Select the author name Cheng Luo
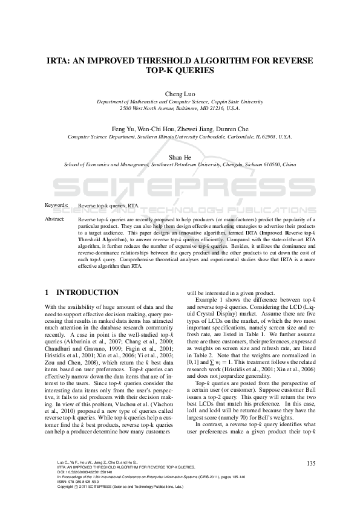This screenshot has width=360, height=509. [180, 94]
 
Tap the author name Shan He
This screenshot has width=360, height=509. [180, 156]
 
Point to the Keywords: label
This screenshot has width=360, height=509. [57, 206]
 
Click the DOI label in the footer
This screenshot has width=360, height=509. [60, 472]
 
